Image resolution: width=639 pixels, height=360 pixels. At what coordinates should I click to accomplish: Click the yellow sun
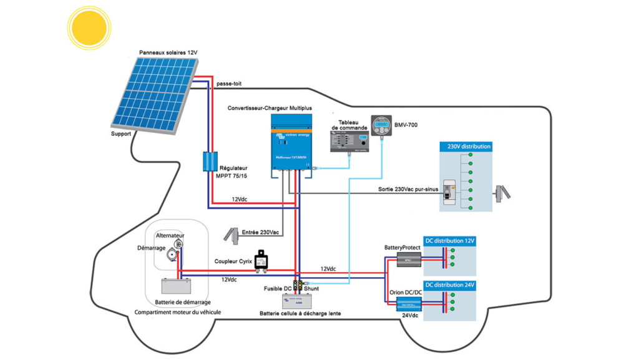(x=89, y=28)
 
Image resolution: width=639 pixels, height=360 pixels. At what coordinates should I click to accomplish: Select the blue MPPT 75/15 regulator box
(x=208, y=162)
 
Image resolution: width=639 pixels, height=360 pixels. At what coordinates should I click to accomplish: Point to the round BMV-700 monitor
(x=380, y=126)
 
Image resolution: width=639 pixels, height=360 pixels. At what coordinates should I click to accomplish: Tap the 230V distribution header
(x=468, y=147)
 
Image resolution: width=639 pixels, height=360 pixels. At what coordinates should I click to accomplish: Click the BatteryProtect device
(x=409, y=259)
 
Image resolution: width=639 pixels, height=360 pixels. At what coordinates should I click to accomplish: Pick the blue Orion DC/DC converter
(x=409, y=304)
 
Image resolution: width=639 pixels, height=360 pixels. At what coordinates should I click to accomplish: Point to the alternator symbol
(x=178, y=245)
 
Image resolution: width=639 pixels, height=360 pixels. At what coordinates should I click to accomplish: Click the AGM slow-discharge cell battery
(x=298, y=301)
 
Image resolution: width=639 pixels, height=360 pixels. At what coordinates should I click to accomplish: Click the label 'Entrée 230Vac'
(x=260, y=232)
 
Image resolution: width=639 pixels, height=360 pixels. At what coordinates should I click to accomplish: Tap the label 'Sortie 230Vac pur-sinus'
(x=406, y=188)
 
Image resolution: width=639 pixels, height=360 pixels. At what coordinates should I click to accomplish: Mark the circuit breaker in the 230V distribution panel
(x=448, y=198)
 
